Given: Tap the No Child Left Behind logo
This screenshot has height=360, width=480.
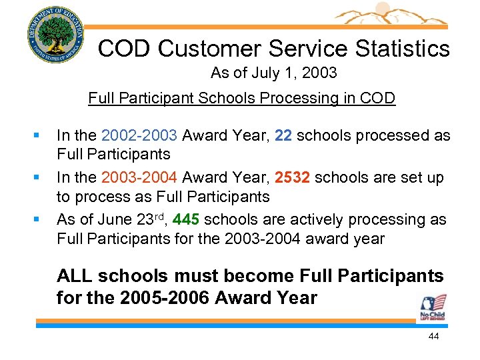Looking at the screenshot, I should pyautogui.click(x=432, y=308).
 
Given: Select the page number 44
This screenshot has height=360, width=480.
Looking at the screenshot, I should pyautogui.click(x=433, y=337).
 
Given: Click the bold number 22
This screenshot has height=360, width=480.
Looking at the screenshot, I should pyautogui.click(x=283, y=136).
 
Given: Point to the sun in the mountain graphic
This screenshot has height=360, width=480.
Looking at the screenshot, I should pyautogui.click(x=382, y=9).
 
